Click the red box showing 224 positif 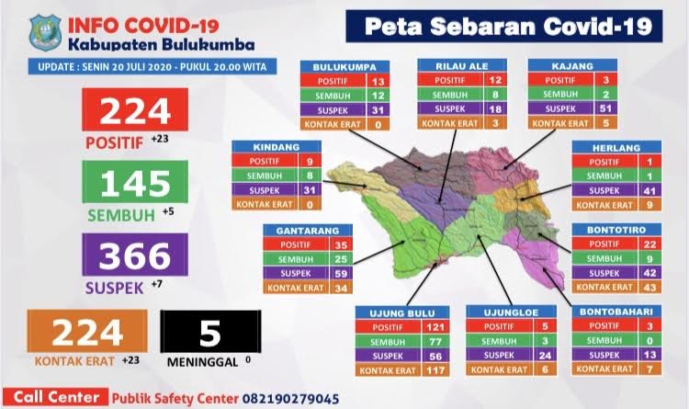[135, 112]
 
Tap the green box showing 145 [135, 185]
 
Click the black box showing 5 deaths [209, 331]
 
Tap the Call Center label [56, 398]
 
